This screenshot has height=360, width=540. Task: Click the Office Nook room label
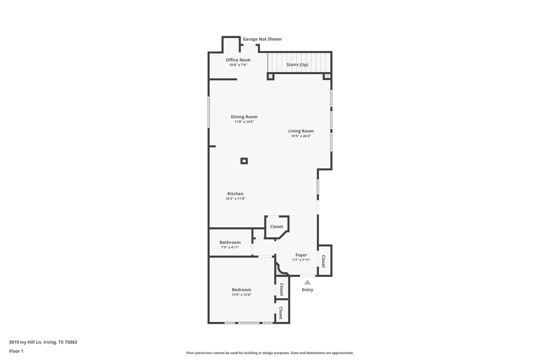[x=238, y=60]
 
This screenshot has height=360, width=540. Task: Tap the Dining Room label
[x=244, y=117]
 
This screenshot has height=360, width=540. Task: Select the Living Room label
[x=301, y=131]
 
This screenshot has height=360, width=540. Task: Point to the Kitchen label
[x=235, y=194]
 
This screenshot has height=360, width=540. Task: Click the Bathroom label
[x=230, y=242]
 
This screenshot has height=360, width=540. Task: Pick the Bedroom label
[x=241, y=290]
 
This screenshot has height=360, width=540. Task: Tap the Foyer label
[x=301, y=255]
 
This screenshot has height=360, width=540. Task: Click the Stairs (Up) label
[x=297, y=65]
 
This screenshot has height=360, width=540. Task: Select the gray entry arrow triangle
[x=307, y=282]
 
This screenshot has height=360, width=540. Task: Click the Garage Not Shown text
[x=262, y=39]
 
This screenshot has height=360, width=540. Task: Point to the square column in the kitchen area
[x=244, y=161]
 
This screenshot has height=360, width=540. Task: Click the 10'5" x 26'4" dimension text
[x=301, y=136]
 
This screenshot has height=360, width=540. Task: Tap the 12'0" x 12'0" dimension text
[x=241, y=295]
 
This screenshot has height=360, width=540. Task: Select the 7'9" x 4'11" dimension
[x=230, y=247]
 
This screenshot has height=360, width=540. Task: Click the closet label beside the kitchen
[x=277, y=227]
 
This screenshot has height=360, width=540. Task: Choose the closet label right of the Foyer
[x=324, y=261]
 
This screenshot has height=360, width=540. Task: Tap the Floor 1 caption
[x=16, y=351]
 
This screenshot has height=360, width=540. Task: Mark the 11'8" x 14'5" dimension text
[x=244, y=122]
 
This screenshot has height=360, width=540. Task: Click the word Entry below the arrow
[x=307, y=290]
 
